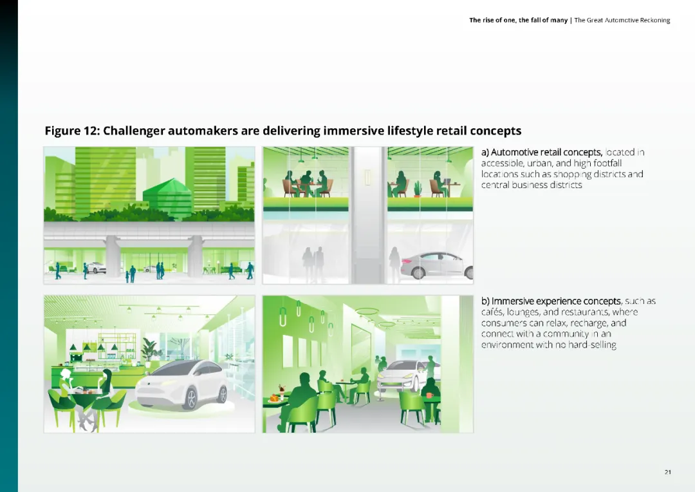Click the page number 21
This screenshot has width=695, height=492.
click(667, 473)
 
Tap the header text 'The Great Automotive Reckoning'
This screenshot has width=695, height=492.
click(622, 21)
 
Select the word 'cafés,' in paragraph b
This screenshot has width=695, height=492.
click(493, 312)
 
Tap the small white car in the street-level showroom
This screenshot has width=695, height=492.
click(96, 267)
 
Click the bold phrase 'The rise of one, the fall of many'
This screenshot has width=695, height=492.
click(518, 21)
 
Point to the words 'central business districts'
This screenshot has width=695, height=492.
click(532, 185)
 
